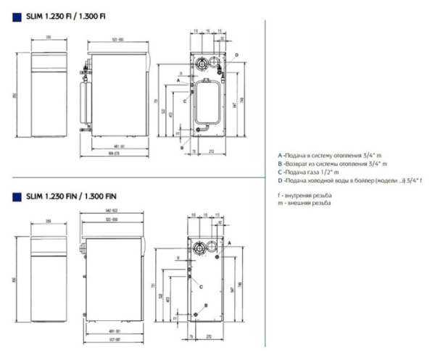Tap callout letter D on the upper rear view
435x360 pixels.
[x=236, y=54]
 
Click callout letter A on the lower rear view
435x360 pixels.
[x=229, y=246]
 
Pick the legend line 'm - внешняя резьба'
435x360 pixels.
[x=304, y=204]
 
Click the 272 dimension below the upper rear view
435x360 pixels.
[x=211, y=151]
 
